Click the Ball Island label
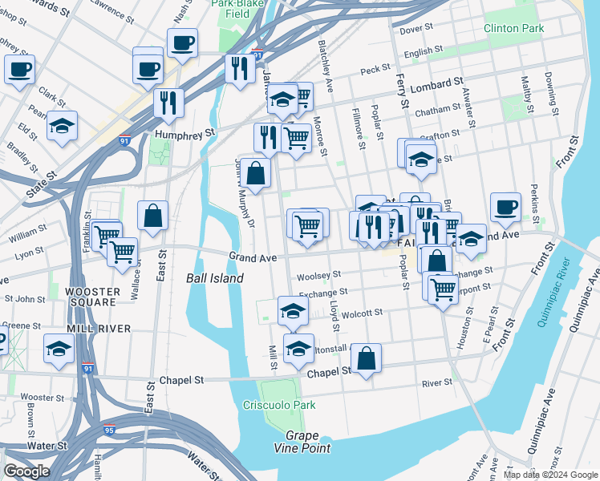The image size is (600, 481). [x=214, y=278]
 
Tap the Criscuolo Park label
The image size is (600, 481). [x=279, y=405]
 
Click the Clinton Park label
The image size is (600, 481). [x=513, y=29]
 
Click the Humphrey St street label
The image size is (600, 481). [x=186, y=133]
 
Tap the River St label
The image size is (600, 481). [x=437, y=383]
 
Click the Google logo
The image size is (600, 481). [x=26, y=471]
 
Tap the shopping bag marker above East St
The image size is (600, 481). [x=152, y=216]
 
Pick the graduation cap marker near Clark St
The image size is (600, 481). [x=62, y=127]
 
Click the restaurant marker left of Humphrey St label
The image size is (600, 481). [x=168, y=103]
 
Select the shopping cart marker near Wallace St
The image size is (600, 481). [x=122, y=252]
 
